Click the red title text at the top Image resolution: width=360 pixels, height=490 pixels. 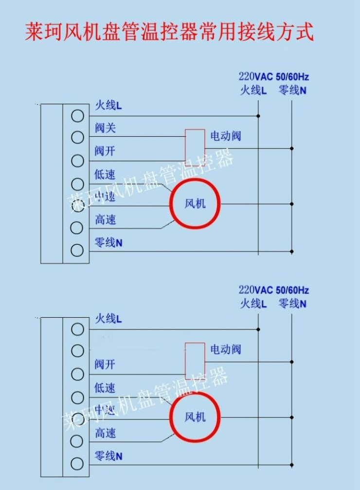169,32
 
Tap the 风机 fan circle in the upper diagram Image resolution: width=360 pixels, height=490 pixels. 171,204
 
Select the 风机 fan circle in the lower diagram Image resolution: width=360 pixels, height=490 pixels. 171,417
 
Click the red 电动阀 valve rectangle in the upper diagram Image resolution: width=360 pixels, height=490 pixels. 185,147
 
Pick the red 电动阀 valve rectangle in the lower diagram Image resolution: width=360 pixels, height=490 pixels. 185,361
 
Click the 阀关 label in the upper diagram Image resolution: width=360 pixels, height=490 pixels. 105,128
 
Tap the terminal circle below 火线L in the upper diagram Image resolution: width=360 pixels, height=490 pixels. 77,116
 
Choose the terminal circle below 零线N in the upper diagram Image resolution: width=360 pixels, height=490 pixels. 77,250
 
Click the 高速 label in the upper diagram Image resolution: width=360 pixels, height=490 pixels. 105,219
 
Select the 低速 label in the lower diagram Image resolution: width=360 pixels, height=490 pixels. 105,388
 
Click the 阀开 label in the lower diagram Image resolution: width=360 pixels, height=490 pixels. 105,364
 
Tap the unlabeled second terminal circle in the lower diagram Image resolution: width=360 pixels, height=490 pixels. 77,351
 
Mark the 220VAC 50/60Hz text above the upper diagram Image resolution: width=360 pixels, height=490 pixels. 274,76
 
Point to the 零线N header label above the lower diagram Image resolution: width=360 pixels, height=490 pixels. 292,304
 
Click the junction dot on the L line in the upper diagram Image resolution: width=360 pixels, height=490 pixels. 258,116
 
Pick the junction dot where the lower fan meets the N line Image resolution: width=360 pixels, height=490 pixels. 291,417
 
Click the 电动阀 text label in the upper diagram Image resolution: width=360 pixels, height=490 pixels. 226,136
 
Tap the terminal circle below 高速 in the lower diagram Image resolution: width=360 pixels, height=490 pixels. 77,441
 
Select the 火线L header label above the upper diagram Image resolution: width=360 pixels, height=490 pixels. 253,90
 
